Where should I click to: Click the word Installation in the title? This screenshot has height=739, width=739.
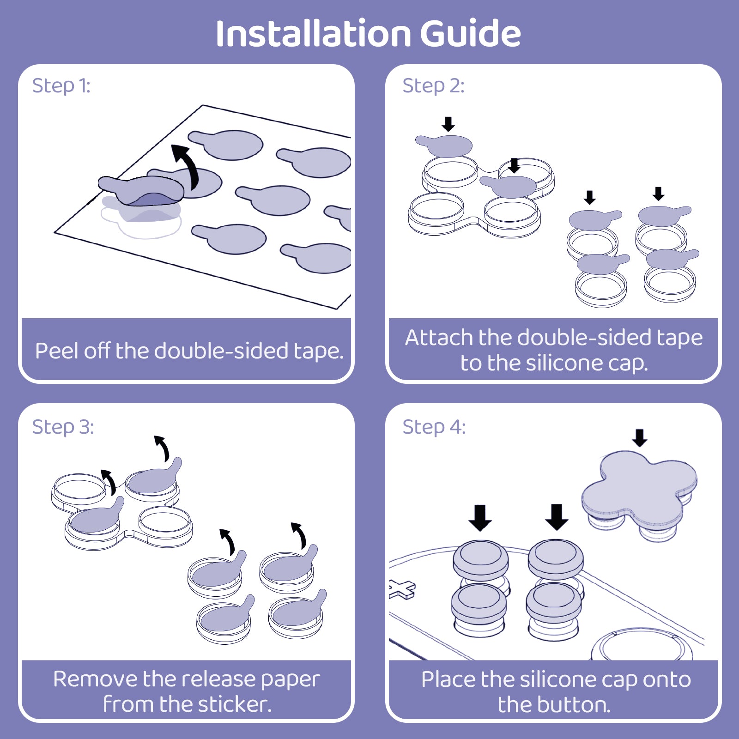click(314, 34)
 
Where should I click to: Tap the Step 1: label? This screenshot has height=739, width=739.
click(61, 86)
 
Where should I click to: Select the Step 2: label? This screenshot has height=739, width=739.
click(433, 86)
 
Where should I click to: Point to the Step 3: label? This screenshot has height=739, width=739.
click(63, 427)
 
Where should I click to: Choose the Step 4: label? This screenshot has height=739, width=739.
click(434, 427)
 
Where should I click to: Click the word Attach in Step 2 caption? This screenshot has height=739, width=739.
click(439, 338)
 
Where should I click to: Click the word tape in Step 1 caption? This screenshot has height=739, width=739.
click(319, 351)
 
